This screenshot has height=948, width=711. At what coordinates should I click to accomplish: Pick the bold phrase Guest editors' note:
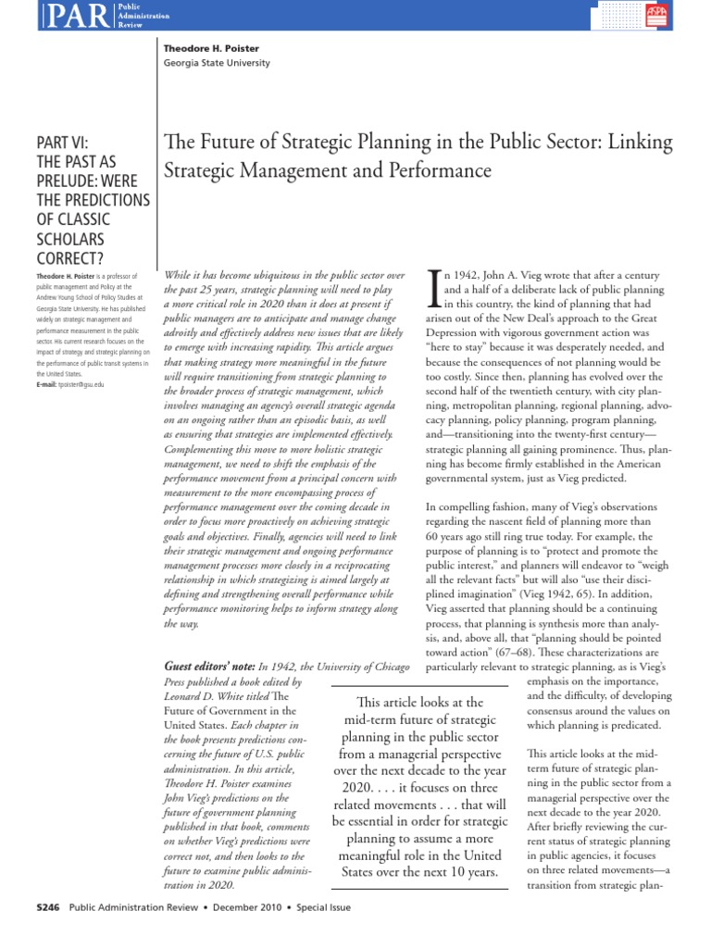tap(208, 666)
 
